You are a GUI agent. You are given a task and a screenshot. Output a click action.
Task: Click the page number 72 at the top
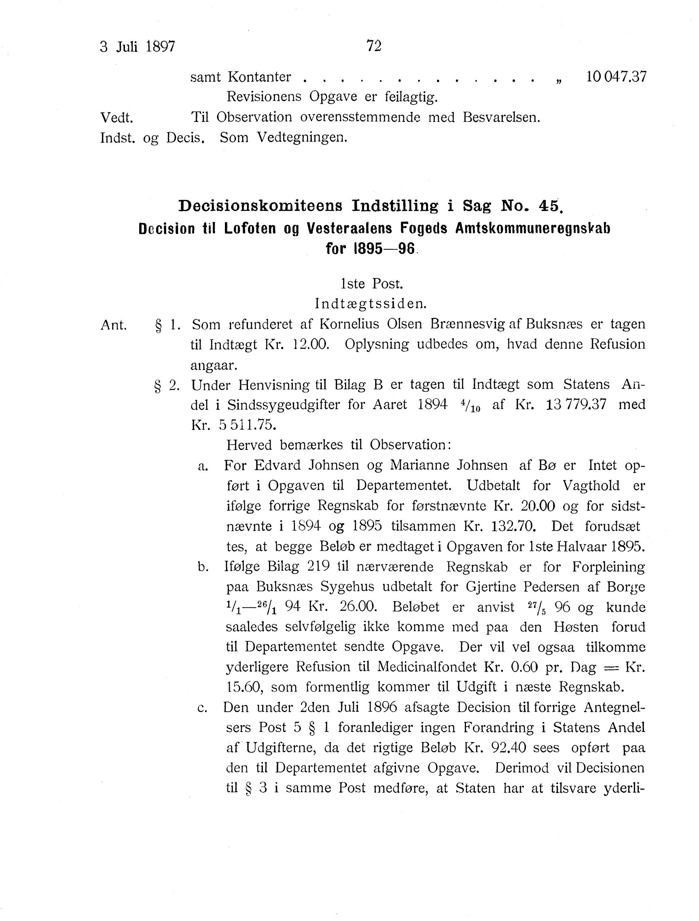coord(374,46)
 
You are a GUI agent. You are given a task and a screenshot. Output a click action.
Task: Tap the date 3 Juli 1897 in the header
coord(137,47)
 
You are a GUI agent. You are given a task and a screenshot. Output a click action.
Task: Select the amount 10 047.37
coord(616,77)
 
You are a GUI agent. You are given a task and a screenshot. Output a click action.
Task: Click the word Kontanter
coord(259,77)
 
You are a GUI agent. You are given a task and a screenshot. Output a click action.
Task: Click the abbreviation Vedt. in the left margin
coord(116,118)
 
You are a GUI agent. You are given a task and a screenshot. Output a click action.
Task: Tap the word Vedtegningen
coord(302,137)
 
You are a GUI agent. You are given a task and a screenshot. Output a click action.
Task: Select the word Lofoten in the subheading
coord(250,229)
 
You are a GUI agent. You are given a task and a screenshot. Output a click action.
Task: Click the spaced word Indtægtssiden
coord(371,304)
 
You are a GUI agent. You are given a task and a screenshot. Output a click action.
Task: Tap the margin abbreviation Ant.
coord(114,325)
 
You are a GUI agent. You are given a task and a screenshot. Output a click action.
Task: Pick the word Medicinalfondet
coord(427,667)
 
